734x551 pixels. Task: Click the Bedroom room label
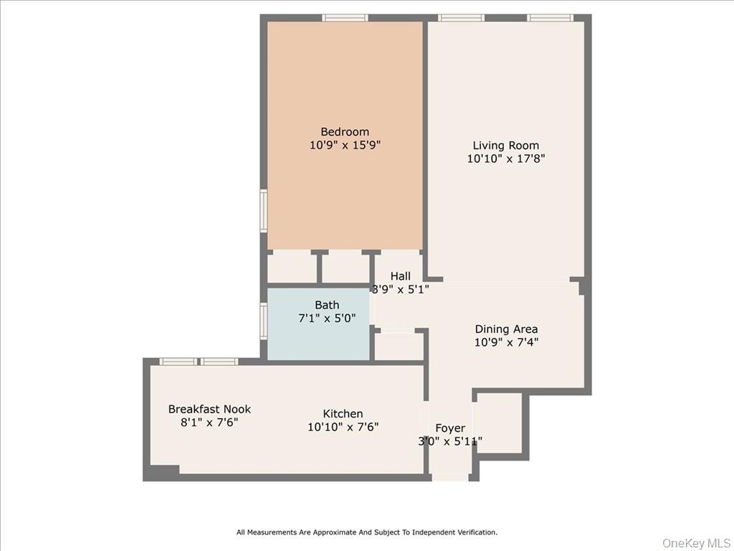345,131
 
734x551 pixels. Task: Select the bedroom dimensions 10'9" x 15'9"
345,145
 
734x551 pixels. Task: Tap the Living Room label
505,146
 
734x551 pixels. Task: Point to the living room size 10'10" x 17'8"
505,159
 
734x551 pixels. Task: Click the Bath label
327,305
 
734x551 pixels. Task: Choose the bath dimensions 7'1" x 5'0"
327,318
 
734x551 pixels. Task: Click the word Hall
400,276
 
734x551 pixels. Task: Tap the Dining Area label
506,329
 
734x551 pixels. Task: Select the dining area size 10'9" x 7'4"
506,342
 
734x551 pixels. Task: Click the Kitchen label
343,413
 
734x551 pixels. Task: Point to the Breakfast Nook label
209,409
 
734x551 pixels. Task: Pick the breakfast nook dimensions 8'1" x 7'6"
209,423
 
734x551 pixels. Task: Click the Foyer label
450,428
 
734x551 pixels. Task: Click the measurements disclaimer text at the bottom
367,532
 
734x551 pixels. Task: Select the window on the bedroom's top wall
345,18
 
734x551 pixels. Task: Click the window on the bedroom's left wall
263,210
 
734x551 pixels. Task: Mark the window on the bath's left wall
263,321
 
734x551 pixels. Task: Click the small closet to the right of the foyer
500,423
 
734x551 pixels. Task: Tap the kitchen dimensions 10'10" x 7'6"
343,427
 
